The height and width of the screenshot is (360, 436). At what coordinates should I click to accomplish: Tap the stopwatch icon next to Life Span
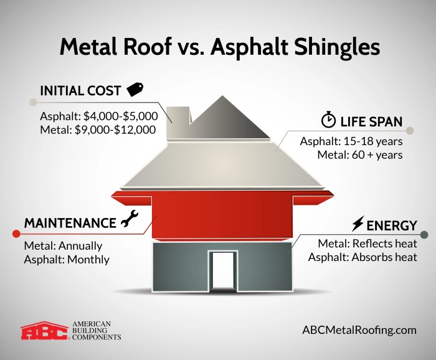pos(328,120)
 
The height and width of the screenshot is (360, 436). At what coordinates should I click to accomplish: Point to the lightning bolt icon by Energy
pos(358,224)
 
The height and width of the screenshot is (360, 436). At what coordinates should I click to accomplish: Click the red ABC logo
pos(45,330)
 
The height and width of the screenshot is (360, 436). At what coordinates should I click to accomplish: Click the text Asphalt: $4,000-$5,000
pos(99,116)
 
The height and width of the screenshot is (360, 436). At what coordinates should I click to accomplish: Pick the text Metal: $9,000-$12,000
pos(98,130)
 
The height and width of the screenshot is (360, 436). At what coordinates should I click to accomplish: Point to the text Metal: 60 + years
pos(360,154)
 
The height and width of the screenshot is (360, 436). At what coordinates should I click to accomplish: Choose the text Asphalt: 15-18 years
pos(352,141)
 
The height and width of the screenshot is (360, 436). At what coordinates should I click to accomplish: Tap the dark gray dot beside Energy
pos(424,234)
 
